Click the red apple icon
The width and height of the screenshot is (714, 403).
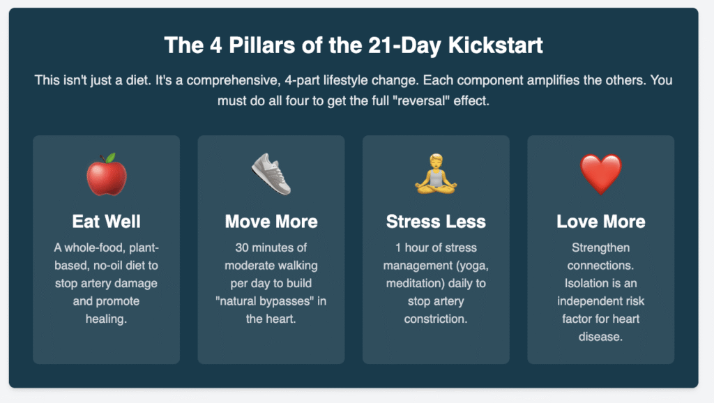pos(107,175)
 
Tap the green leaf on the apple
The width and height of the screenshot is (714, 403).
pos(111,158)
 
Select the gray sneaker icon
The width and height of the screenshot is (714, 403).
pos(271,174)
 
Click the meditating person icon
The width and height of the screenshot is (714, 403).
pos(436,174)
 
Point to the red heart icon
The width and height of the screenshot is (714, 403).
pos(600,174)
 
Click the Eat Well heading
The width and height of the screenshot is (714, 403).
pos(106,222)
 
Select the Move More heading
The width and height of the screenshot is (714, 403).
pos(271,222)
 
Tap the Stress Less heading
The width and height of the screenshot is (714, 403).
pos(436,222)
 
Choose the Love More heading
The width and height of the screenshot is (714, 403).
pos(600,222)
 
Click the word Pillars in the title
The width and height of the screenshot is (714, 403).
pos(262,45)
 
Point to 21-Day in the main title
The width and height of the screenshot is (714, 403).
pos(404,45)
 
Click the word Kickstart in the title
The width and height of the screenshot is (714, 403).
pos(496,45)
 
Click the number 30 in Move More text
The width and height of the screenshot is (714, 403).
pos(242,248)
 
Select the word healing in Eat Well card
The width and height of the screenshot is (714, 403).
pos(106,319)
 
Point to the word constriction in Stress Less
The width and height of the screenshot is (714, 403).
pos(436,319)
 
